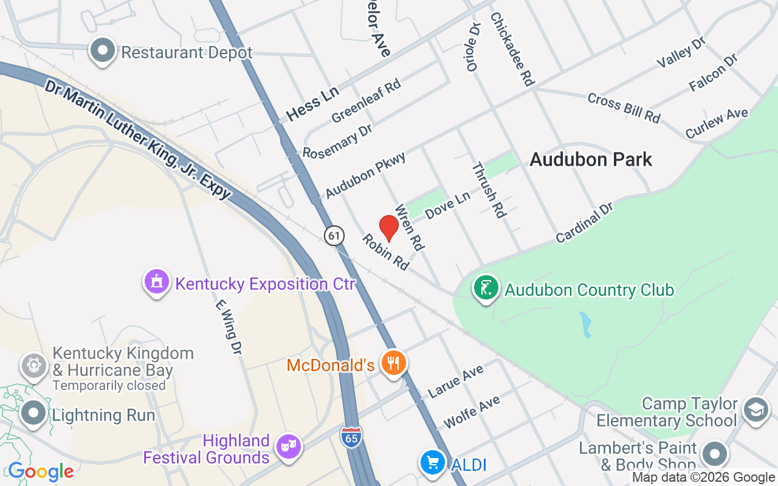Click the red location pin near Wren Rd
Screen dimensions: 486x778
[389, 228]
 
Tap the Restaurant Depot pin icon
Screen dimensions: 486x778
[103, 51]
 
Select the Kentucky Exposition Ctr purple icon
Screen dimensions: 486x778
[157, 282]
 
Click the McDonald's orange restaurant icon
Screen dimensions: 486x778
[394, 363]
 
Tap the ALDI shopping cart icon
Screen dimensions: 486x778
[433, 464]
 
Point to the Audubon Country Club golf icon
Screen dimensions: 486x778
[486, 288]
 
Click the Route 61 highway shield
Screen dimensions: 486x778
[334, 235]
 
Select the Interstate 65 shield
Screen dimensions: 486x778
[351, 437]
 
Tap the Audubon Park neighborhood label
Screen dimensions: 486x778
[591, 160]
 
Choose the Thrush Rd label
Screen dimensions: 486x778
[489, 190]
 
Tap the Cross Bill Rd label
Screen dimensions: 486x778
[624, 108]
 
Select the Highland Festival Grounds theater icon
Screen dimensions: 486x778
[288, 447]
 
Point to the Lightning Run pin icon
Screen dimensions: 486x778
[33, 414]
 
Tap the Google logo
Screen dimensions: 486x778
[41, 471]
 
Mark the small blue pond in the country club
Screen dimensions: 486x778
[585, 324]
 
